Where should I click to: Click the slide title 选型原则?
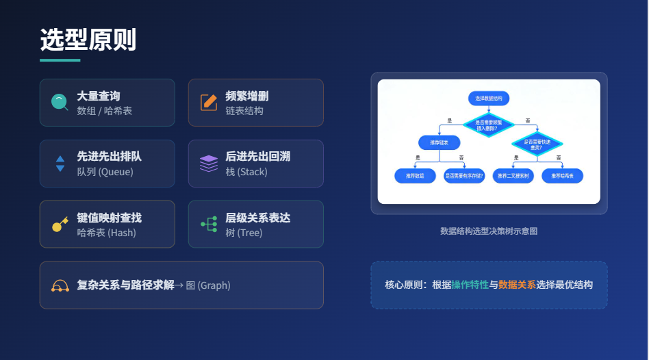(88, 40)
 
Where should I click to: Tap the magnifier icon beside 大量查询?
(60, 103)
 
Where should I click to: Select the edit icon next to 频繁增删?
(209, 103)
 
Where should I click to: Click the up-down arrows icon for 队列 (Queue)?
(60, 164)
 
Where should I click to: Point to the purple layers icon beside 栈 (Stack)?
(209, 164)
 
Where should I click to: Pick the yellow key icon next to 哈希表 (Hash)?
(60, 224)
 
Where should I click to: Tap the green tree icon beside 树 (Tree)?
(209, 224)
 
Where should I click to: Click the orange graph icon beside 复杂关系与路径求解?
(60, 285)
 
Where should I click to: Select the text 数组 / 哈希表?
(105, 110)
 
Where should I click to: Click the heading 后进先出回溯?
(258, 157)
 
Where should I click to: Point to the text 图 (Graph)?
(208, 285)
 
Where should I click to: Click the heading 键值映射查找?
(110, 218)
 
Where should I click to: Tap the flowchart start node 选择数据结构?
(489, 99)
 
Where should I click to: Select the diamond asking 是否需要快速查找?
(537, 144)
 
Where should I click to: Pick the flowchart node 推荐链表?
(439, 142)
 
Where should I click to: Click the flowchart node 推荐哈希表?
(562, 176)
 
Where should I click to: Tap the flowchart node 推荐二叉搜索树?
(513, 176)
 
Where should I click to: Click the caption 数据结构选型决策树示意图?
(489, 231)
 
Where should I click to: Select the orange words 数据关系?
(517, 285)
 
